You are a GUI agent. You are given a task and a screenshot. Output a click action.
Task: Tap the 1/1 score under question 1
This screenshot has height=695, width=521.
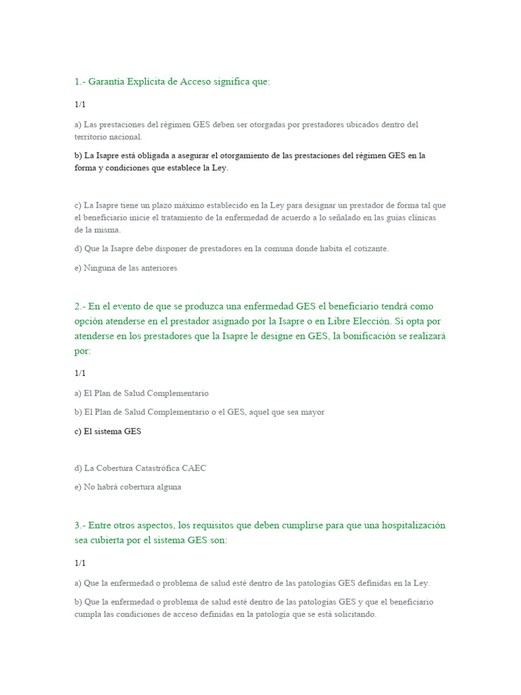80,105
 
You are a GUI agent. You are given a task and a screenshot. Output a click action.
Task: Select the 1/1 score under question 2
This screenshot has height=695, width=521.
80,373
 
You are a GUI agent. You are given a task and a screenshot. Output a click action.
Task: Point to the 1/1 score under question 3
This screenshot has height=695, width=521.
80,563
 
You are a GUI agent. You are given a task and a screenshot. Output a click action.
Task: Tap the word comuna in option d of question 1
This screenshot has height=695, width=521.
277,249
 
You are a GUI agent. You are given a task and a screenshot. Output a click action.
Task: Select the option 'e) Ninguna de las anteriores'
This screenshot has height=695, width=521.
126,268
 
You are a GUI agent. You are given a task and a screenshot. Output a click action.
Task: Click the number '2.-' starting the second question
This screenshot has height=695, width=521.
80,306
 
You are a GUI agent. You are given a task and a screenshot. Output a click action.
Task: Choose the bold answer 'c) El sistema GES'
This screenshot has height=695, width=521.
108,431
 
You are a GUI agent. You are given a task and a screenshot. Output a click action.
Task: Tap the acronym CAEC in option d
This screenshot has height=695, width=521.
195,468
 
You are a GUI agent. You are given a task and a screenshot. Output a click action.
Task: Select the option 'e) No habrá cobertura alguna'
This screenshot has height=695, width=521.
128,487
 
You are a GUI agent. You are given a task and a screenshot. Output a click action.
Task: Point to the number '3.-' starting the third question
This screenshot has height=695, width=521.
80,526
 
